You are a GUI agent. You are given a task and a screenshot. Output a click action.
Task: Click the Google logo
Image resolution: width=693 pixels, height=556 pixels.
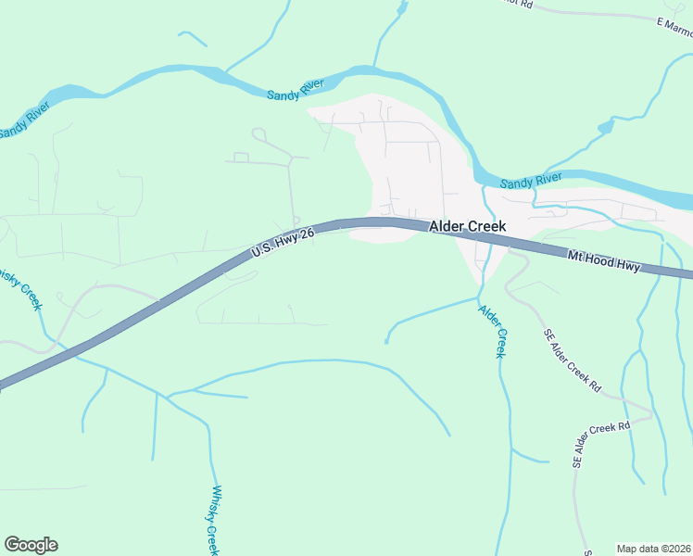point(31,545)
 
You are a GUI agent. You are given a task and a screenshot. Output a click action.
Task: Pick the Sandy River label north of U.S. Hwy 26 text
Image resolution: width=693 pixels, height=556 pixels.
point(295,90)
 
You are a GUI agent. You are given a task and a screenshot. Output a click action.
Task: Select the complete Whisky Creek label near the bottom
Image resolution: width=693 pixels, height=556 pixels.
point(214,520)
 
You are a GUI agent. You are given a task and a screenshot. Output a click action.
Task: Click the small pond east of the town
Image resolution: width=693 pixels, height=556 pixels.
point(605,127)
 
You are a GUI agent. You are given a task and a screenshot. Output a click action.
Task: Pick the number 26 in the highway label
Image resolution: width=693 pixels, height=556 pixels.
point(310,232)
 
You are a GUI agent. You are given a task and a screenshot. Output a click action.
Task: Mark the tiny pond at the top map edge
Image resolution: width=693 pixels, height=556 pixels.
point(400,8)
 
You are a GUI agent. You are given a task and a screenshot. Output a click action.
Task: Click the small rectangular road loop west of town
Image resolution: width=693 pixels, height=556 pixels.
point(241,158)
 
